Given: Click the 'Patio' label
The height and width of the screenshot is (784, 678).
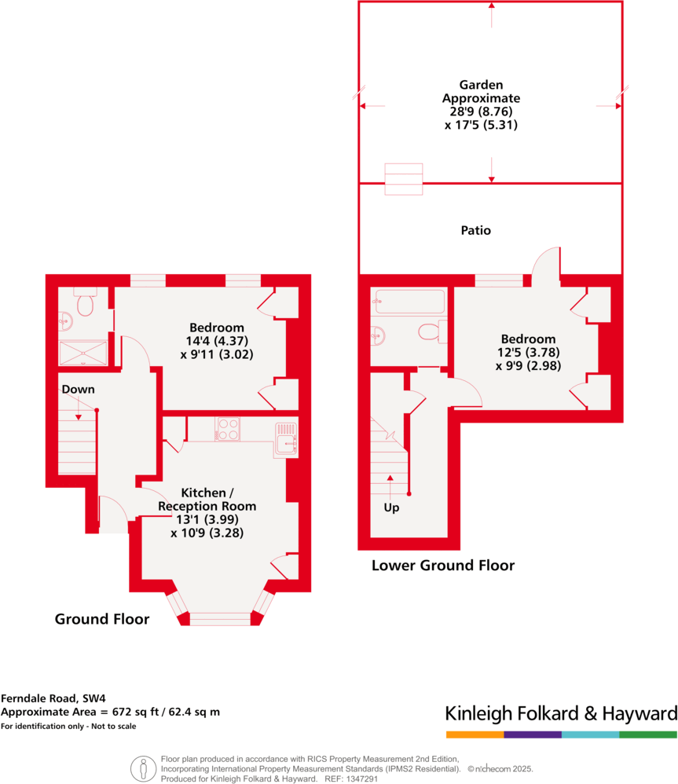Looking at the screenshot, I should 475,231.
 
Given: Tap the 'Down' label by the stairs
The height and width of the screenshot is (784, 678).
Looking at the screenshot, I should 78,390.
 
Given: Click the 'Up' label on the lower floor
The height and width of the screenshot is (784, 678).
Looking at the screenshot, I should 391,507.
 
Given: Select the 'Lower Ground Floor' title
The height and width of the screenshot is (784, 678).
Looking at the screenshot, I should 442,565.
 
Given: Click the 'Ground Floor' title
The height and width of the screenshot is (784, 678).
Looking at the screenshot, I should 101,619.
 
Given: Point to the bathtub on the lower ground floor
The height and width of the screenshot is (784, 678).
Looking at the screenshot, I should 410,302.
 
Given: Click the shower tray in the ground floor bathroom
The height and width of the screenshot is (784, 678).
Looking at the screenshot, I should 82,353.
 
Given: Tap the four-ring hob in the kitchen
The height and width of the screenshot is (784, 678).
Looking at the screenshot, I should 228,429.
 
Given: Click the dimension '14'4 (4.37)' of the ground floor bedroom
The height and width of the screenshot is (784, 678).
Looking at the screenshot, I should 216,341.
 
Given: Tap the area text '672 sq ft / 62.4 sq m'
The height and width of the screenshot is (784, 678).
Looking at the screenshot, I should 160,712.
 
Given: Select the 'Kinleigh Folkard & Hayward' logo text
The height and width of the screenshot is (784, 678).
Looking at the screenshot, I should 560,713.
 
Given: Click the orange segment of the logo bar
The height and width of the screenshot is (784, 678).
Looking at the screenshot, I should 475,735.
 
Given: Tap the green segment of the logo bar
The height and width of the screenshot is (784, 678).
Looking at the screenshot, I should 647,735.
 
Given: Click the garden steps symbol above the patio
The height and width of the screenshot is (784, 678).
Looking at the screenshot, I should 403,179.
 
